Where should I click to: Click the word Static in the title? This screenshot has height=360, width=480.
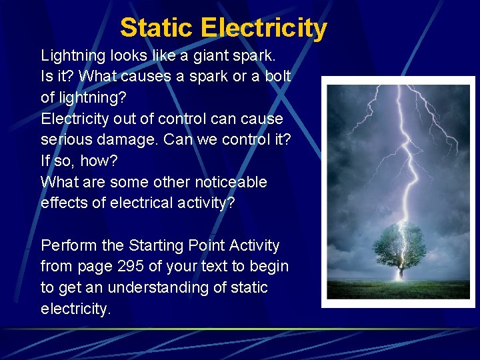point(157,28)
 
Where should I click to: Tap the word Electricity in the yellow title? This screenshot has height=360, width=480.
point(263,28)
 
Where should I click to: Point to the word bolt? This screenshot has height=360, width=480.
point(277,76)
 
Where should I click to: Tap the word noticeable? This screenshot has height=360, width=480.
point(231,182)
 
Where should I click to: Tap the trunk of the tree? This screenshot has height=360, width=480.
point(400,270)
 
